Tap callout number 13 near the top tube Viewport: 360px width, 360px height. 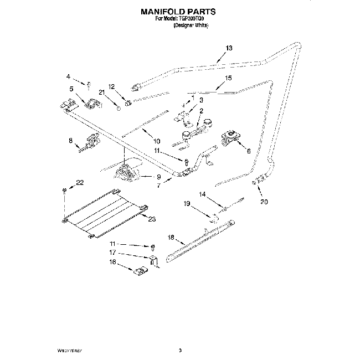pos(230,48)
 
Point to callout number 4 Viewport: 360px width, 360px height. pos(68,76)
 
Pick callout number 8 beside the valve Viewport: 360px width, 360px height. pos(71,141)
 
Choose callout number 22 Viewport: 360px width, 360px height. pos(80,182)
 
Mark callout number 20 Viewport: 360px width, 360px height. pos(264,202)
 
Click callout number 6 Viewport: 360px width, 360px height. pos(249,150)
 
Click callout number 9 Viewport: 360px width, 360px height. pos(158,177)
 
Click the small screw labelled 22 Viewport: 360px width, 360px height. pos(65,191)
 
